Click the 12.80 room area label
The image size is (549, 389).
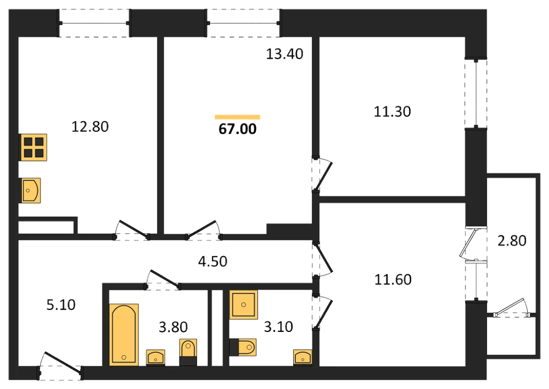pos(90,127)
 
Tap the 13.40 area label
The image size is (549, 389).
pos(284,54)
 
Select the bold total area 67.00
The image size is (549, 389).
pos(237,129)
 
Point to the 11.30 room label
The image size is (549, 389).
pos(392,111)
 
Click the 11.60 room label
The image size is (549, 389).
pos(393,279)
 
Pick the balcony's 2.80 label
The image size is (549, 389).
pos(512,241)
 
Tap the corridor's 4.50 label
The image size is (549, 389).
pos(212,261)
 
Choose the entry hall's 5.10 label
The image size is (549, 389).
pos(61,305)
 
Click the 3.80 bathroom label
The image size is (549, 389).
pos(173,327)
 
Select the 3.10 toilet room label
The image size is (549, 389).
pos(278,327)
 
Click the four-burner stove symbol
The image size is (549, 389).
pos(33,147)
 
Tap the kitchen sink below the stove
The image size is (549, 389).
pos(30,190)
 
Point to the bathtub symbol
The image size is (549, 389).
pos(124,335)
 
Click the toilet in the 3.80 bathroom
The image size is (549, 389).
pos(188,352)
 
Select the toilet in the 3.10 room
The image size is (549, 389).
pos(243,347)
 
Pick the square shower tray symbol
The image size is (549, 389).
pos(243,305)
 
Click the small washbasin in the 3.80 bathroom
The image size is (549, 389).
pos(155,358)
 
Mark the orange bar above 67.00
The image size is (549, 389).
pos(237,117)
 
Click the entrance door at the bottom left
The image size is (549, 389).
pos(60,365)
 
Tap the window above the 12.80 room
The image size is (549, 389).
pos(94,24)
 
